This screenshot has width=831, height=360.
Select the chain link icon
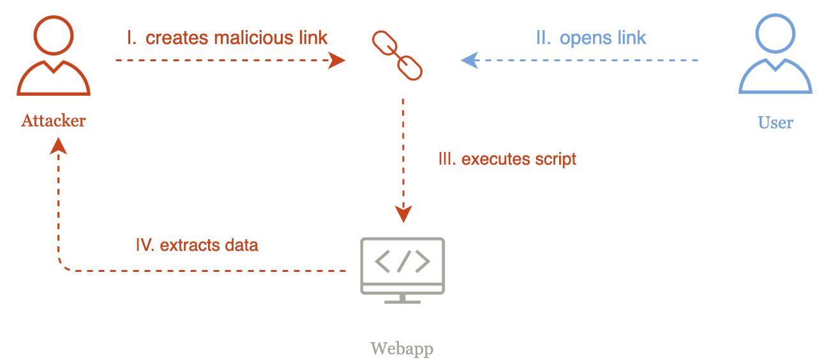click(397, 56)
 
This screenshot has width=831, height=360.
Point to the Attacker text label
click(54, 120)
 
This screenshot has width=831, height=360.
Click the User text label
click(775, 122)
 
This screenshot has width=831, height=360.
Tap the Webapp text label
click(402, 349)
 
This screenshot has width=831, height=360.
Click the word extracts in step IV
click(186, 245)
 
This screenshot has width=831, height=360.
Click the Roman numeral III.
click(447, 159)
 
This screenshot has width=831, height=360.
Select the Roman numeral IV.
click(145, 245)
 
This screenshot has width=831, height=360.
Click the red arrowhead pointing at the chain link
click(336, 61)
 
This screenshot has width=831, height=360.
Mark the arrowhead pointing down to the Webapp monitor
click(403, 214)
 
